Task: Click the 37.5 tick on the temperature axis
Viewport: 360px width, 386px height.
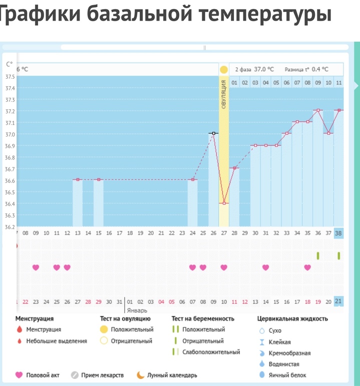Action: (x=10, y=77)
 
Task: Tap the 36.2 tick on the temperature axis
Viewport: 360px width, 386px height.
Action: (x=10, y=227)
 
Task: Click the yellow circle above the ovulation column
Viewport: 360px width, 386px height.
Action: (x=224, y=70)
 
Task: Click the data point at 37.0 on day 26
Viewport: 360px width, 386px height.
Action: (x=214, y=133)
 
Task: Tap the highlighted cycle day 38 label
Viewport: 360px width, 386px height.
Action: (x=338, y=233)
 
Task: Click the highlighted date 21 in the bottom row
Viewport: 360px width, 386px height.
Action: (x=338, y=301)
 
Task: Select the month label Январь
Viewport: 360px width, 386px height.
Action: (x=137, y=310)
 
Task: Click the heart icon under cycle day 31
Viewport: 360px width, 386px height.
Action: (x=265, y=267)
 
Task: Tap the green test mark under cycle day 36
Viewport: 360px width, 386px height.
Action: (x=318, y=256)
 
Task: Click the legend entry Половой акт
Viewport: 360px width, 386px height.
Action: (x=43, y=375)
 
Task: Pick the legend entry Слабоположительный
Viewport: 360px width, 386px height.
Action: (x=211, y=352)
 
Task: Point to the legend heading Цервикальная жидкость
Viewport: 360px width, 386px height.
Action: (x=292, y=318)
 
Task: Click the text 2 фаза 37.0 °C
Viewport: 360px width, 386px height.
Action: (x=254, y=70)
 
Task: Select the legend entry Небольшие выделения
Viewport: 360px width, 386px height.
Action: (x=57, y=341)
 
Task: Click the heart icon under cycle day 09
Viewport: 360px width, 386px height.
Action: (x=36, y=267)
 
